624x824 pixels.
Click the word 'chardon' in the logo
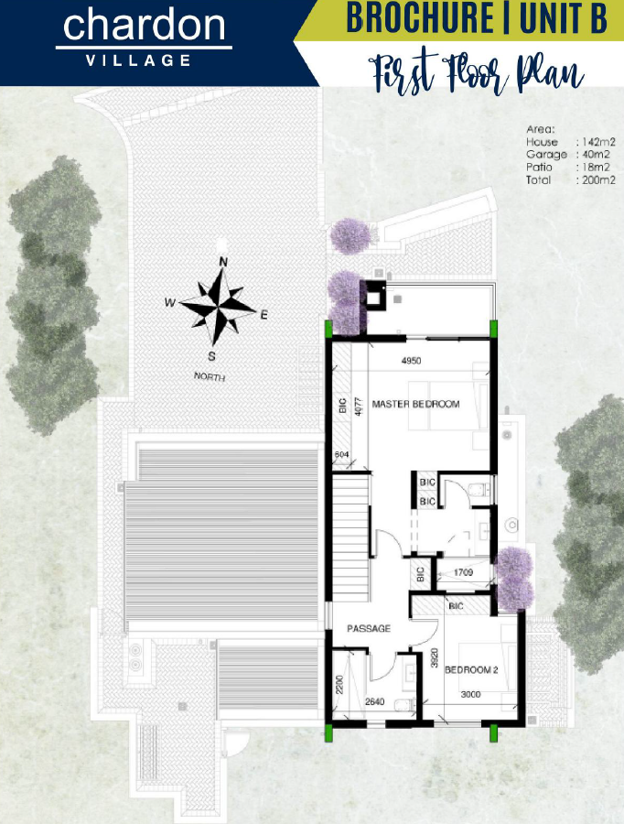point(145,27)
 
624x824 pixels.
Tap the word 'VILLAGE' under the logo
point(138,61)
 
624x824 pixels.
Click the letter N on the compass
point(222,263)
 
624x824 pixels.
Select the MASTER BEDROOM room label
point(415,404)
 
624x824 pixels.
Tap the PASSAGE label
point(369,629)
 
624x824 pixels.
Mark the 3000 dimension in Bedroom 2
point(469,695)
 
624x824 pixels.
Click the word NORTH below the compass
point(209,376)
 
